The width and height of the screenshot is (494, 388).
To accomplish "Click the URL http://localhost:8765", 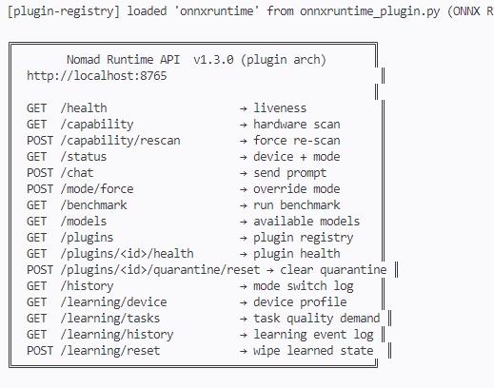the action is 97,76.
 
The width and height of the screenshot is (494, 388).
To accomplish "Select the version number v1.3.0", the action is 213,60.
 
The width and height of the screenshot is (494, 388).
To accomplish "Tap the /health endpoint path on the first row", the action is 84,108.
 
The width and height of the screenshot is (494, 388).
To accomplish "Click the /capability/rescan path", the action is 120,141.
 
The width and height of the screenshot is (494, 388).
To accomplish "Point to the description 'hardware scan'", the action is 297,125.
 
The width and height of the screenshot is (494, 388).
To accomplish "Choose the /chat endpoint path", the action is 77,173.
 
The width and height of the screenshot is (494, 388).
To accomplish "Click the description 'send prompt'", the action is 290,173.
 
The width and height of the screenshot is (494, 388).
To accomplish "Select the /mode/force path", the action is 97,189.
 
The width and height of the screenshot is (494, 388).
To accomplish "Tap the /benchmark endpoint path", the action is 93,205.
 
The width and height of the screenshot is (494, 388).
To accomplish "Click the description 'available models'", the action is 306,222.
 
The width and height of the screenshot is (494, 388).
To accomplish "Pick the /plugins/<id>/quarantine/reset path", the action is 160,270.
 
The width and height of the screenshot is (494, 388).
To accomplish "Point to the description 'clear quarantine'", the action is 333,270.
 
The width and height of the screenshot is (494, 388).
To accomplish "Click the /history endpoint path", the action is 87,286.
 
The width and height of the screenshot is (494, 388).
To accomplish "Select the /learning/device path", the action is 113,302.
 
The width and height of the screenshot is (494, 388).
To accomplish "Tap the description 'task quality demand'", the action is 317,319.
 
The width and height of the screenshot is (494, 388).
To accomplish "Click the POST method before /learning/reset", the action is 40,351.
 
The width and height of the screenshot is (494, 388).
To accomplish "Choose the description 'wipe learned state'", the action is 313,351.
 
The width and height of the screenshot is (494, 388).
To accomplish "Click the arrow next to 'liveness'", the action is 244,108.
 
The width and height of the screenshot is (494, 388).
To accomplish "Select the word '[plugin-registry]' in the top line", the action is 64,11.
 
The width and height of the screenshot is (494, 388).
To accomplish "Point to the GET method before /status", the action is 36,157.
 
